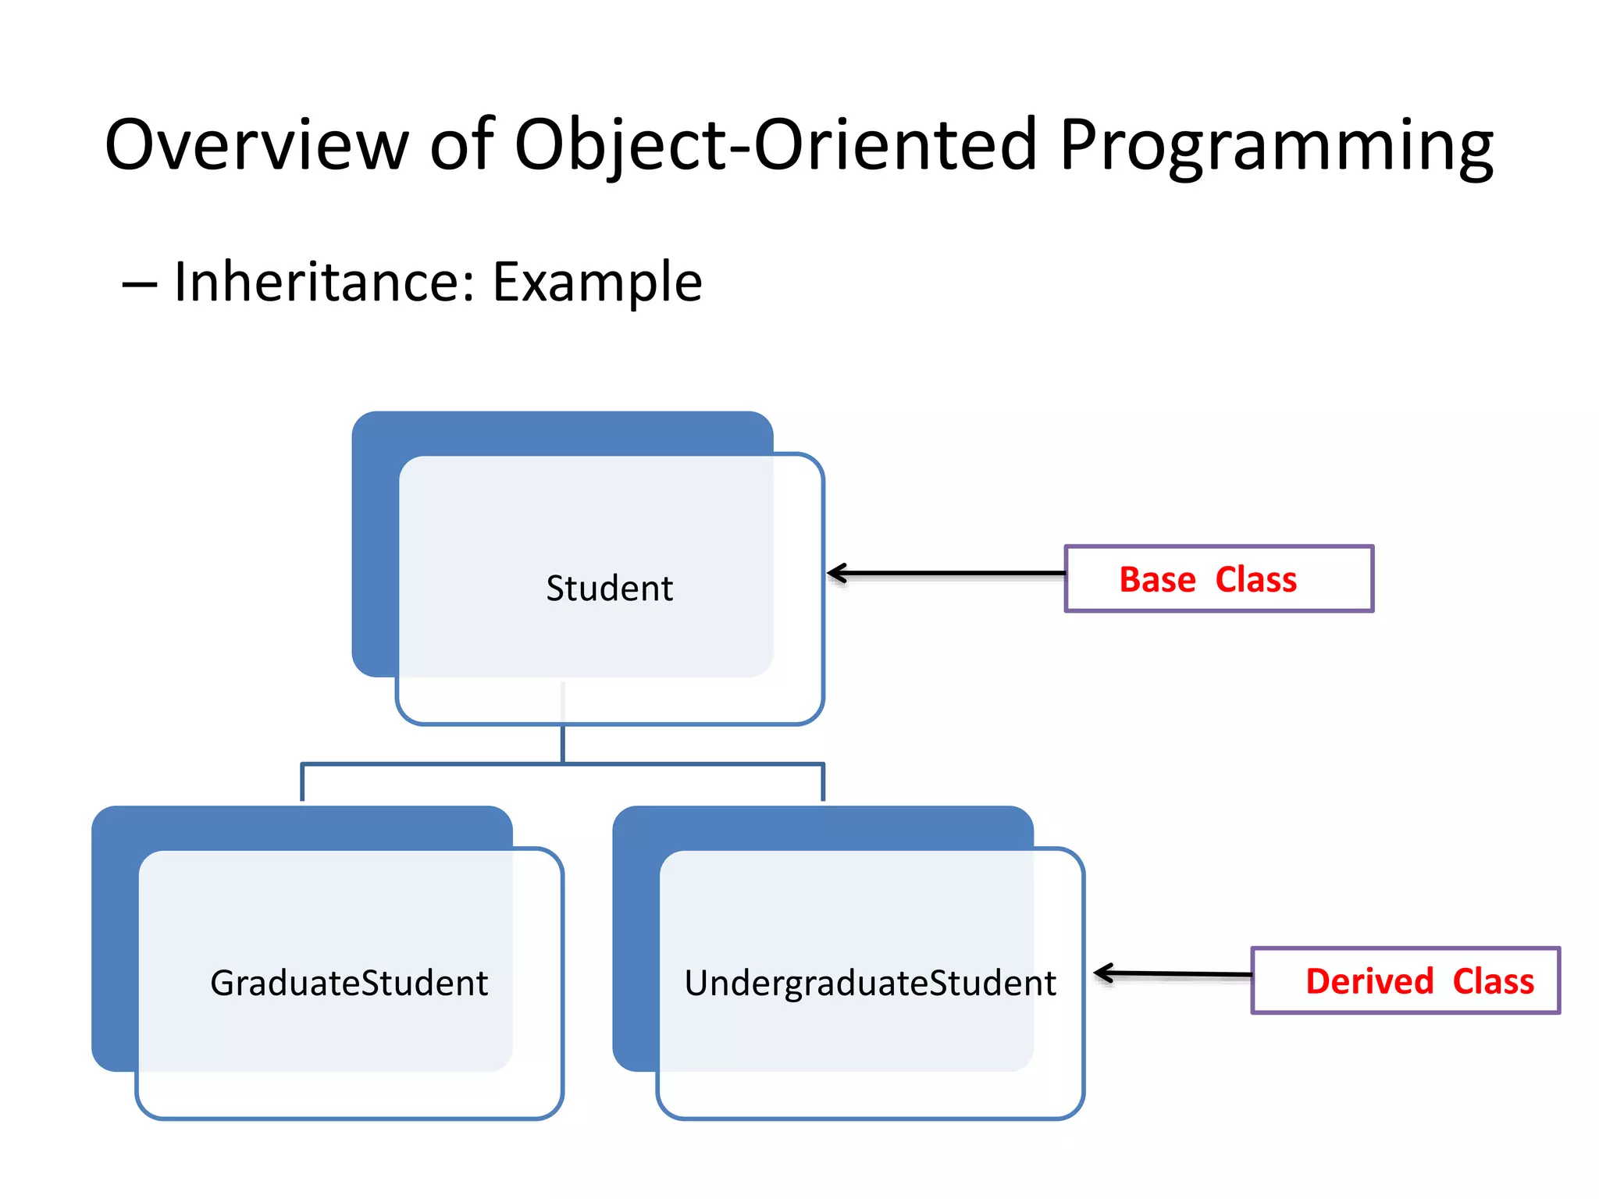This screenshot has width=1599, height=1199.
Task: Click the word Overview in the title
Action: (x=256, y=145)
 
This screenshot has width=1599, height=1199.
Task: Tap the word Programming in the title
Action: (x=1276, y=145)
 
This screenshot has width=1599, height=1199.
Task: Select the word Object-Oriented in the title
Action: (x=775, y=145)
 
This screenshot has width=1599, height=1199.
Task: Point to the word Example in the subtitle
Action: (x=597, y=282)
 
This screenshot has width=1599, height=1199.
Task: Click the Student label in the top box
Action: (x=609, y=589)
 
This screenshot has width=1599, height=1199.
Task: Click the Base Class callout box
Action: (x=1219, y=578)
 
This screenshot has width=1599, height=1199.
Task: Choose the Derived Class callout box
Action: (x=1405, y=980)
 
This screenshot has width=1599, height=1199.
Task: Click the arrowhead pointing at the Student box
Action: (x=836, y=574)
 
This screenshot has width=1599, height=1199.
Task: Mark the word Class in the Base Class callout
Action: (x=1255, y=580)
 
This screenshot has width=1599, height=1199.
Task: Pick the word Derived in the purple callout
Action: (x=1369, y=981)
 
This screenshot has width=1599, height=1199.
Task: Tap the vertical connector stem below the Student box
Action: (x=562, y=743)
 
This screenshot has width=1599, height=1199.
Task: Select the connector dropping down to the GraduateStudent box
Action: (x=302, y=783)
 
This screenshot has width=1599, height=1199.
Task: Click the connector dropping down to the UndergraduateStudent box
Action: (x=823, y=783)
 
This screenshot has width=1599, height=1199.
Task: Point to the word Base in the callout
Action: (x=1157, y=580)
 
